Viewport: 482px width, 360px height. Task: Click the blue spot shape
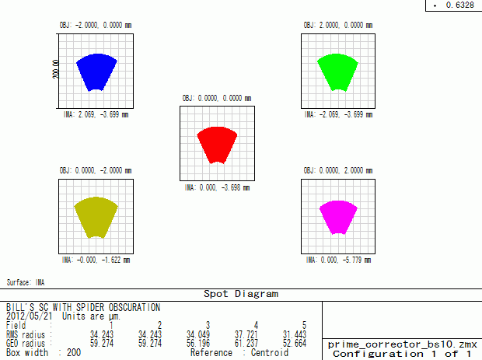coord(96,72)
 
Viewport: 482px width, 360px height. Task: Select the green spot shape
coord(337,72)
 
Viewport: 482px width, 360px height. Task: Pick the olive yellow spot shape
coord(96,218)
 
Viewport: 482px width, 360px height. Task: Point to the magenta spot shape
coord(338,218)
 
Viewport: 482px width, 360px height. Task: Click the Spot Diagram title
coord(241,294)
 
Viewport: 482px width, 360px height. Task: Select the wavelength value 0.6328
coord(460,5)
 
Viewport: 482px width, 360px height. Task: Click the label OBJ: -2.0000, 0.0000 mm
coord(96,25)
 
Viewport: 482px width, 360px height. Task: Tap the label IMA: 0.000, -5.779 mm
coord(338,260)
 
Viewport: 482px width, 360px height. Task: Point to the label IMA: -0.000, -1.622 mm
coord(96,260)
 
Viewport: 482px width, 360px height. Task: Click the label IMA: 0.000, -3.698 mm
coord(217,187)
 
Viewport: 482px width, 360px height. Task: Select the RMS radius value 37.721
coord(246,334)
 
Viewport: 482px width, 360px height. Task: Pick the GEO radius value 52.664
coord(295,343)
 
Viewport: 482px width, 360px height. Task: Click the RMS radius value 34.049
coord(198,334)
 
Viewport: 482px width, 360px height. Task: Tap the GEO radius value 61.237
coord(246,343)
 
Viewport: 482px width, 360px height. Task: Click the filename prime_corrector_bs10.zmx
coord(403,344)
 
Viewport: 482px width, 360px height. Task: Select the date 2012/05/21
coord(30,316)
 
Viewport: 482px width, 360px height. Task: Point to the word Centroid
coord(270,353)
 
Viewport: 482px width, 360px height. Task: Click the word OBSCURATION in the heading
coord(134,307)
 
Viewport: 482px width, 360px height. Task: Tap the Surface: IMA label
coord(26,282)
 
